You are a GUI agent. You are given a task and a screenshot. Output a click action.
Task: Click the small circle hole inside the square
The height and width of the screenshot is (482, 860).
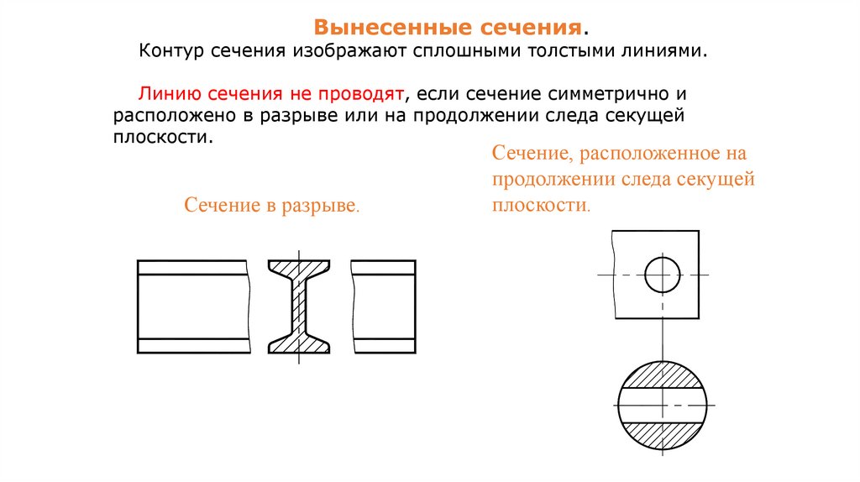coord(662,275)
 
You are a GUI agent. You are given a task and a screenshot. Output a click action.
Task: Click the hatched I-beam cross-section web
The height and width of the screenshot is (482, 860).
coord(298,306)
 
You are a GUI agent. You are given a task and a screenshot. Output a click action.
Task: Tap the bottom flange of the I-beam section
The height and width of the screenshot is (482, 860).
coord(298,344)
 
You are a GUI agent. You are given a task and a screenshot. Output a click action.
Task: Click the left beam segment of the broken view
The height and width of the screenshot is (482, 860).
coord(193,306)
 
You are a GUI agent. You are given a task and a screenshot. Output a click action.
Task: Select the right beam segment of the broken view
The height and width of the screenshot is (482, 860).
coord(383,306)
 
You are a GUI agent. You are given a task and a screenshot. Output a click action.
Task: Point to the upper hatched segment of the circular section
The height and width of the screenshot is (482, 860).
coord(662,374)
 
